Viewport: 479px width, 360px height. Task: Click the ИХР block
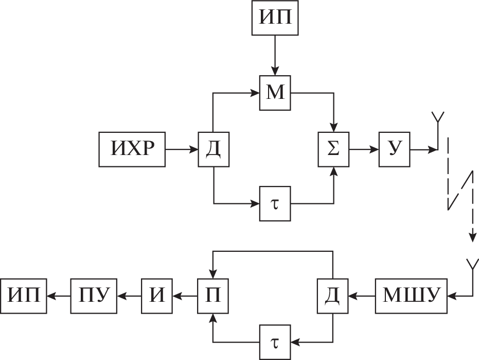(x=132, y=149)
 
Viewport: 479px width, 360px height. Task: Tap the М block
(x=275, y=94)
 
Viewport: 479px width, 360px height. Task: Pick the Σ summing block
(x=333, y=149)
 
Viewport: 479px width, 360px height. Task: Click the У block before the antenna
(x=394, y=149)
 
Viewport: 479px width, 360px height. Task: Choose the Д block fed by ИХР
(x=213, y=149)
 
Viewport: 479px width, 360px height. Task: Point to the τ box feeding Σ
(x=275, y=204)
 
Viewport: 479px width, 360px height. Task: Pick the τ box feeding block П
(x=275, y=341)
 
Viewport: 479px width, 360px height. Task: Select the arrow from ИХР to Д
(x=182, y=149)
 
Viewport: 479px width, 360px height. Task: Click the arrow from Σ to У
(x=364, y=149)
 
